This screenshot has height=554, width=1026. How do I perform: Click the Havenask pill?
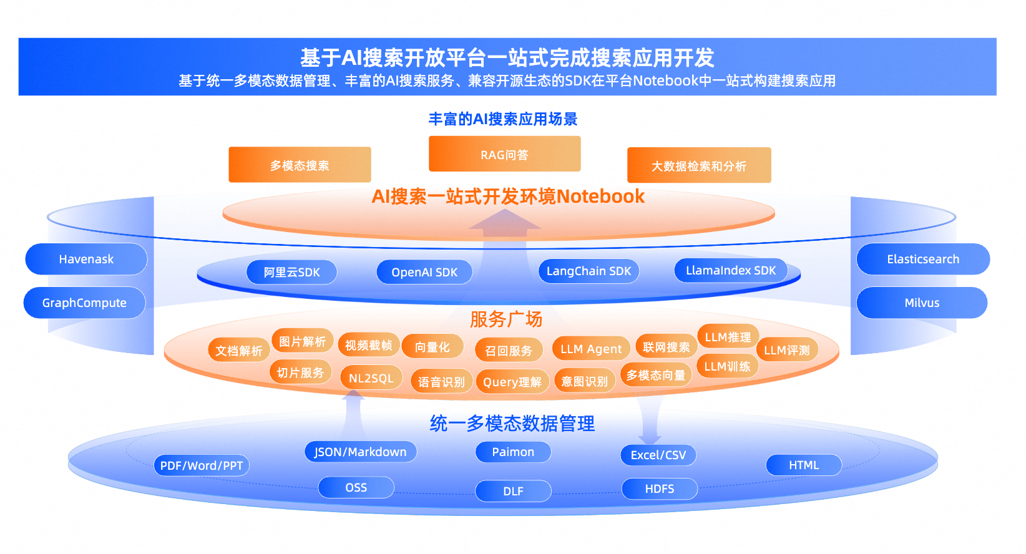click(x=86, y=259)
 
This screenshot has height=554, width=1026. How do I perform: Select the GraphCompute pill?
click(x=85, y=303)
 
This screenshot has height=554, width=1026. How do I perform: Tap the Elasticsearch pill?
click(x=923, y=259)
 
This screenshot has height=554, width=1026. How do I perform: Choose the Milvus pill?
click(x=922, y=303)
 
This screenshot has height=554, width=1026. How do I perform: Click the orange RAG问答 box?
click(x=504, y=154)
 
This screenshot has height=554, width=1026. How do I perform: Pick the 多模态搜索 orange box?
click(x=300, y=165)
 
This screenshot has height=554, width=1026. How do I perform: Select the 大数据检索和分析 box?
click(x=699, y=165)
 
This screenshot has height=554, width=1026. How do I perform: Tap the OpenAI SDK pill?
click(x=424, y=273)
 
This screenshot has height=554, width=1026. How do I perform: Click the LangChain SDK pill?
click(x=589, y=271)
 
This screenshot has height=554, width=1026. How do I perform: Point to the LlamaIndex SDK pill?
click(x=731, y=271)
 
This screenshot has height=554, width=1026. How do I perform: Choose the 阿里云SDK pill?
click(x=292, y=273)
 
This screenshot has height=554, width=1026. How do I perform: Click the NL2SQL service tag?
click(x=371, y=378)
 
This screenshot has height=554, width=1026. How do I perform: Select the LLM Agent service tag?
click(x=591, y=349)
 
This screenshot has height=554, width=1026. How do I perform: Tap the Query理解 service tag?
click(x=512, y=382)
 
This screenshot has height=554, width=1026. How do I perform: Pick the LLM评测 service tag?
click(x=786, y=350)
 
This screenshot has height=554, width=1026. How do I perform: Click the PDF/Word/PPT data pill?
click(x=202, y=465)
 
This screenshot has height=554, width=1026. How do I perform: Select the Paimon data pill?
click(x=513, y=452)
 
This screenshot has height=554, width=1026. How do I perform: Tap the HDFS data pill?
click(x=660, y=489)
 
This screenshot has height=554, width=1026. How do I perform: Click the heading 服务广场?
click(x=506, y=319)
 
